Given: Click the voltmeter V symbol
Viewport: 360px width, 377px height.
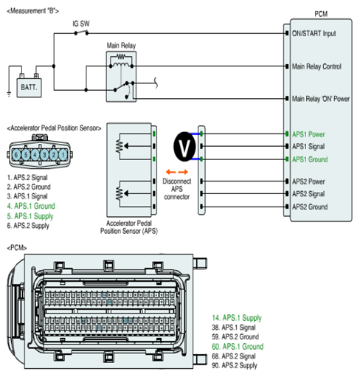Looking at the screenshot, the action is pos(184,147).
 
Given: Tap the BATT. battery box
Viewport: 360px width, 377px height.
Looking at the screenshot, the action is pos(29,88).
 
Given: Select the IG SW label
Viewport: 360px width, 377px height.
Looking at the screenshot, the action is pos(81,24).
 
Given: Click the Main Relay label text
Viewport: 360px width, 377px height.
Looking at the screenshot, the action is pos(121,46).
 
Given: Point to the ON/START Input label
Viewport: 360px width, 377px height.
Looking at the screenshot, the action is pos(314,33).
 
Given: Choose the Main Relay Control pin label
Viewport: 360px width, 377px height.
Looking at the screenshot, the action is pos(316,66).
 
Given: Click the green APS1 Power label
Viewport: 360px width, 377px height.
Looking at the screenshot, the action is pos(308,134).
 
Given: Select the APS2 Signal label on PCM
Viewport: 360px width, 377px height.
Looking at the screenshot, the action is pos(308,194).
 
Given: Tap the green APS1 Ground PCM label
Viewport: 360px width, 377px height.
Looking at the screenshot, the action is pos(310,159).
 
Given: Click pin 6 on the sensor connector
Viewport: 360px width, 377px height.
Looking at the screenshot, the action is pos(16,155).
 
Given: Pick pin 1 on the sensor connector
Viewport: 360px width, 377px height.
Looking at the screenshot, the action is pos(63,155).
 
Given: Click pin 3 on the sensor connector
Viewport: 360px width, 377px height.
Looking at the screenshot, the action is pos(44,155).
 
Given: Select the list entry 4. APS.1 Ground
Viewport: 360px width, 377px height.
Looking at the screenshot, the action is pos(31,206).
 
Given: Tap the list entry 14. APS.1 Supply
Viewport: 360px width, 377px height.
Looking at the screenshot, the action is pos(237,318).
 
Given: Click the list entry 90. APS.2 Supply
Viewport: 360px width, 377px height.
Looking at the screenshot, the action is pos(235,365).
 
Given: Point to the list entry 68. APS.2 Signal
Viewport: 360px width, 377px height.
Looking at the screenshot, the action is pos(234,356).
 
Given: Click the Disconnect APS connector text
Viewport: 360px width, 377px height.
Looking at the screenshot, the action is pos(177,189).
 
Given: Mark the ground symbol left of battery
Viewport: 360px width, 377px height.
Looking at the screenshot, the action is pos(9,94).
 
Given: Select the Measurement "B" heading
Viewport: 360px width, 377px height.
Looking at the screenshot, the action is pos(33,11).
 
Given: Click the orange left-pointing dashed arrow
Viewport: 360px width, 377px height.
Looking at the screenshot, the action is pos(170,172).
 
